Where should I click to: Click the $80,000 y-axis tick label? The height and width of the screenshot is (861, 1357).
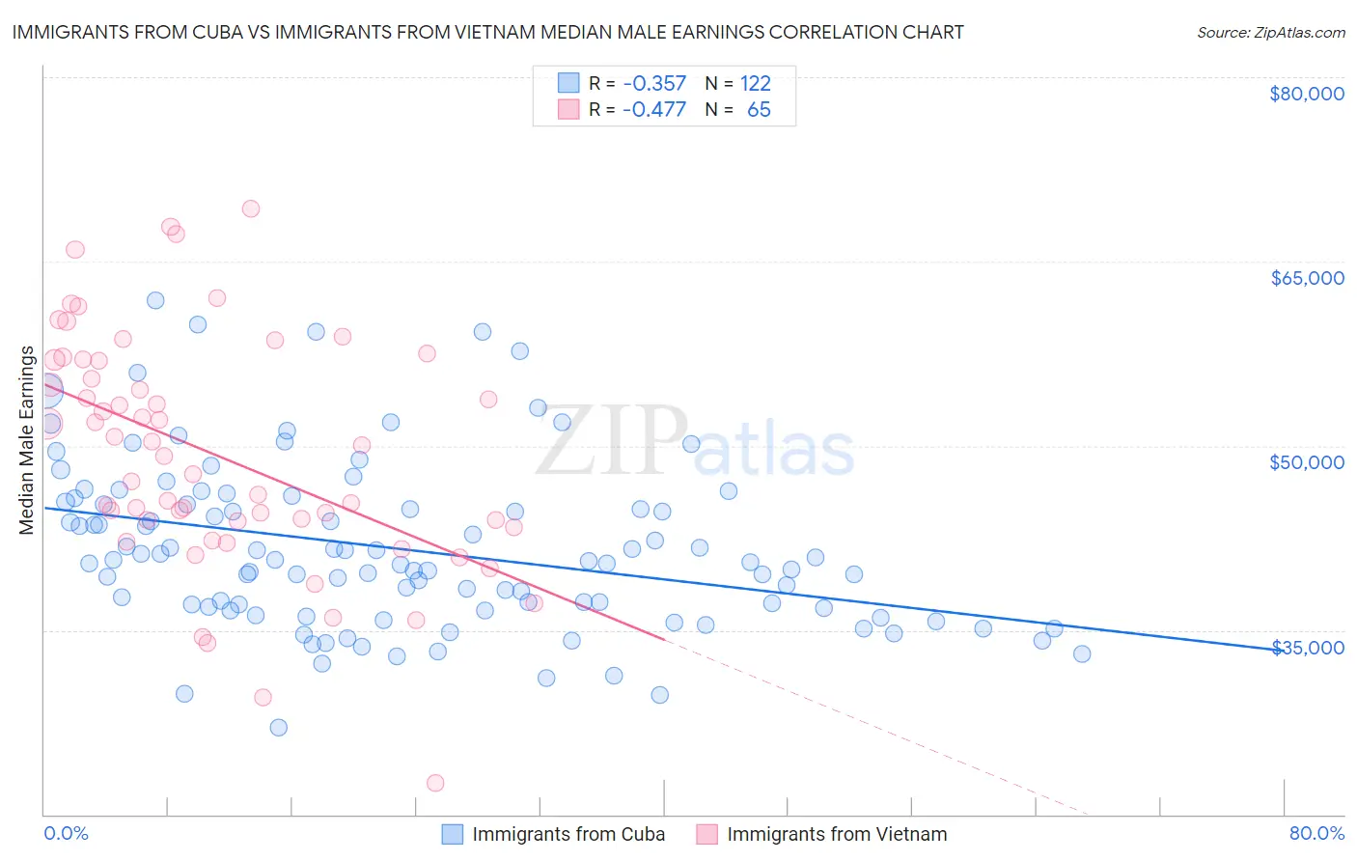click(1306, 94)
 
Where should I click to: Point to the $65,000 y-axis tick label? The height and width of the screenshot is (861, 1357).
click(1306, 278)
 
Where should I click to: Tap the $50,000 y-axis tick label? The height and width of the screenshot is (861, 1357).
click(1306, 462)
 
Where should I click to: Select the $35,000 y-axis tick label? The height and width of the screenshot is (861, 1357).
click(1306, 647)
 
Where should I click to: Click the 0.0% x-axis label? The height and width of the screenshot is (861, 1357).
click(66, 833)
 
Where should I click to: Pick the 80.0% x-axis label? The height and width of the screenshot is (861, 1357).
click(1316, 833)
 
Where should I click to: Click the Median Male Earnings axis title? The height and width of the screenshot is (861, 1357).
click(27, 440)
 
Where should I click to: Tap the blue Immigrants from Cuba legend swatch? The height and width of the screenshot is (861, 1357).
click(453, 834)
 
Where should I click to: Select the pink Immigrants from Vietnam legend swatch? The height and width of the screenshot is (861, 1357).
click(707, 834)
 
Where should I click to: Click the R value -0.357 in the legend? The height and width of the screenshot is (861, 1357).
click(653, 83)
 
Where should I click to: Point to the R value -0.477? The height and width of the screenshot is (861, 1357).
click(653, 109)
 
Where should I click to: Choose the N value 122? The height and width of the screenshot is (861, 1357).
click(756, 83)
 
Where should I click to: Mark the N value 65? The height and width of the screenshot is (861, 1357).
click(759, 109)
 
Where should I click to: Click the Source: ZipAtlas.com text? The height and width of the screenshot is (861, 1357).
click(1270, 32)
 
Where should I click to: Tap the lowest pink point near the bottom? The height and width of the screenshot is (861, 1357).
click(435, 783)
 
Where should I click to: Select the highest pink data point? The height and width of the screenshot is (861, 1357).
click(251, 208)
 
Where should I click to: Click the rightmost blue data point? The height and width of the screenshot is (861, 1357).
click(1082, 653)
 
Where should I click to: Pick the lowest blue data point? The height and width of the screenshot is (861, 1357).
click(279, 727)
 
